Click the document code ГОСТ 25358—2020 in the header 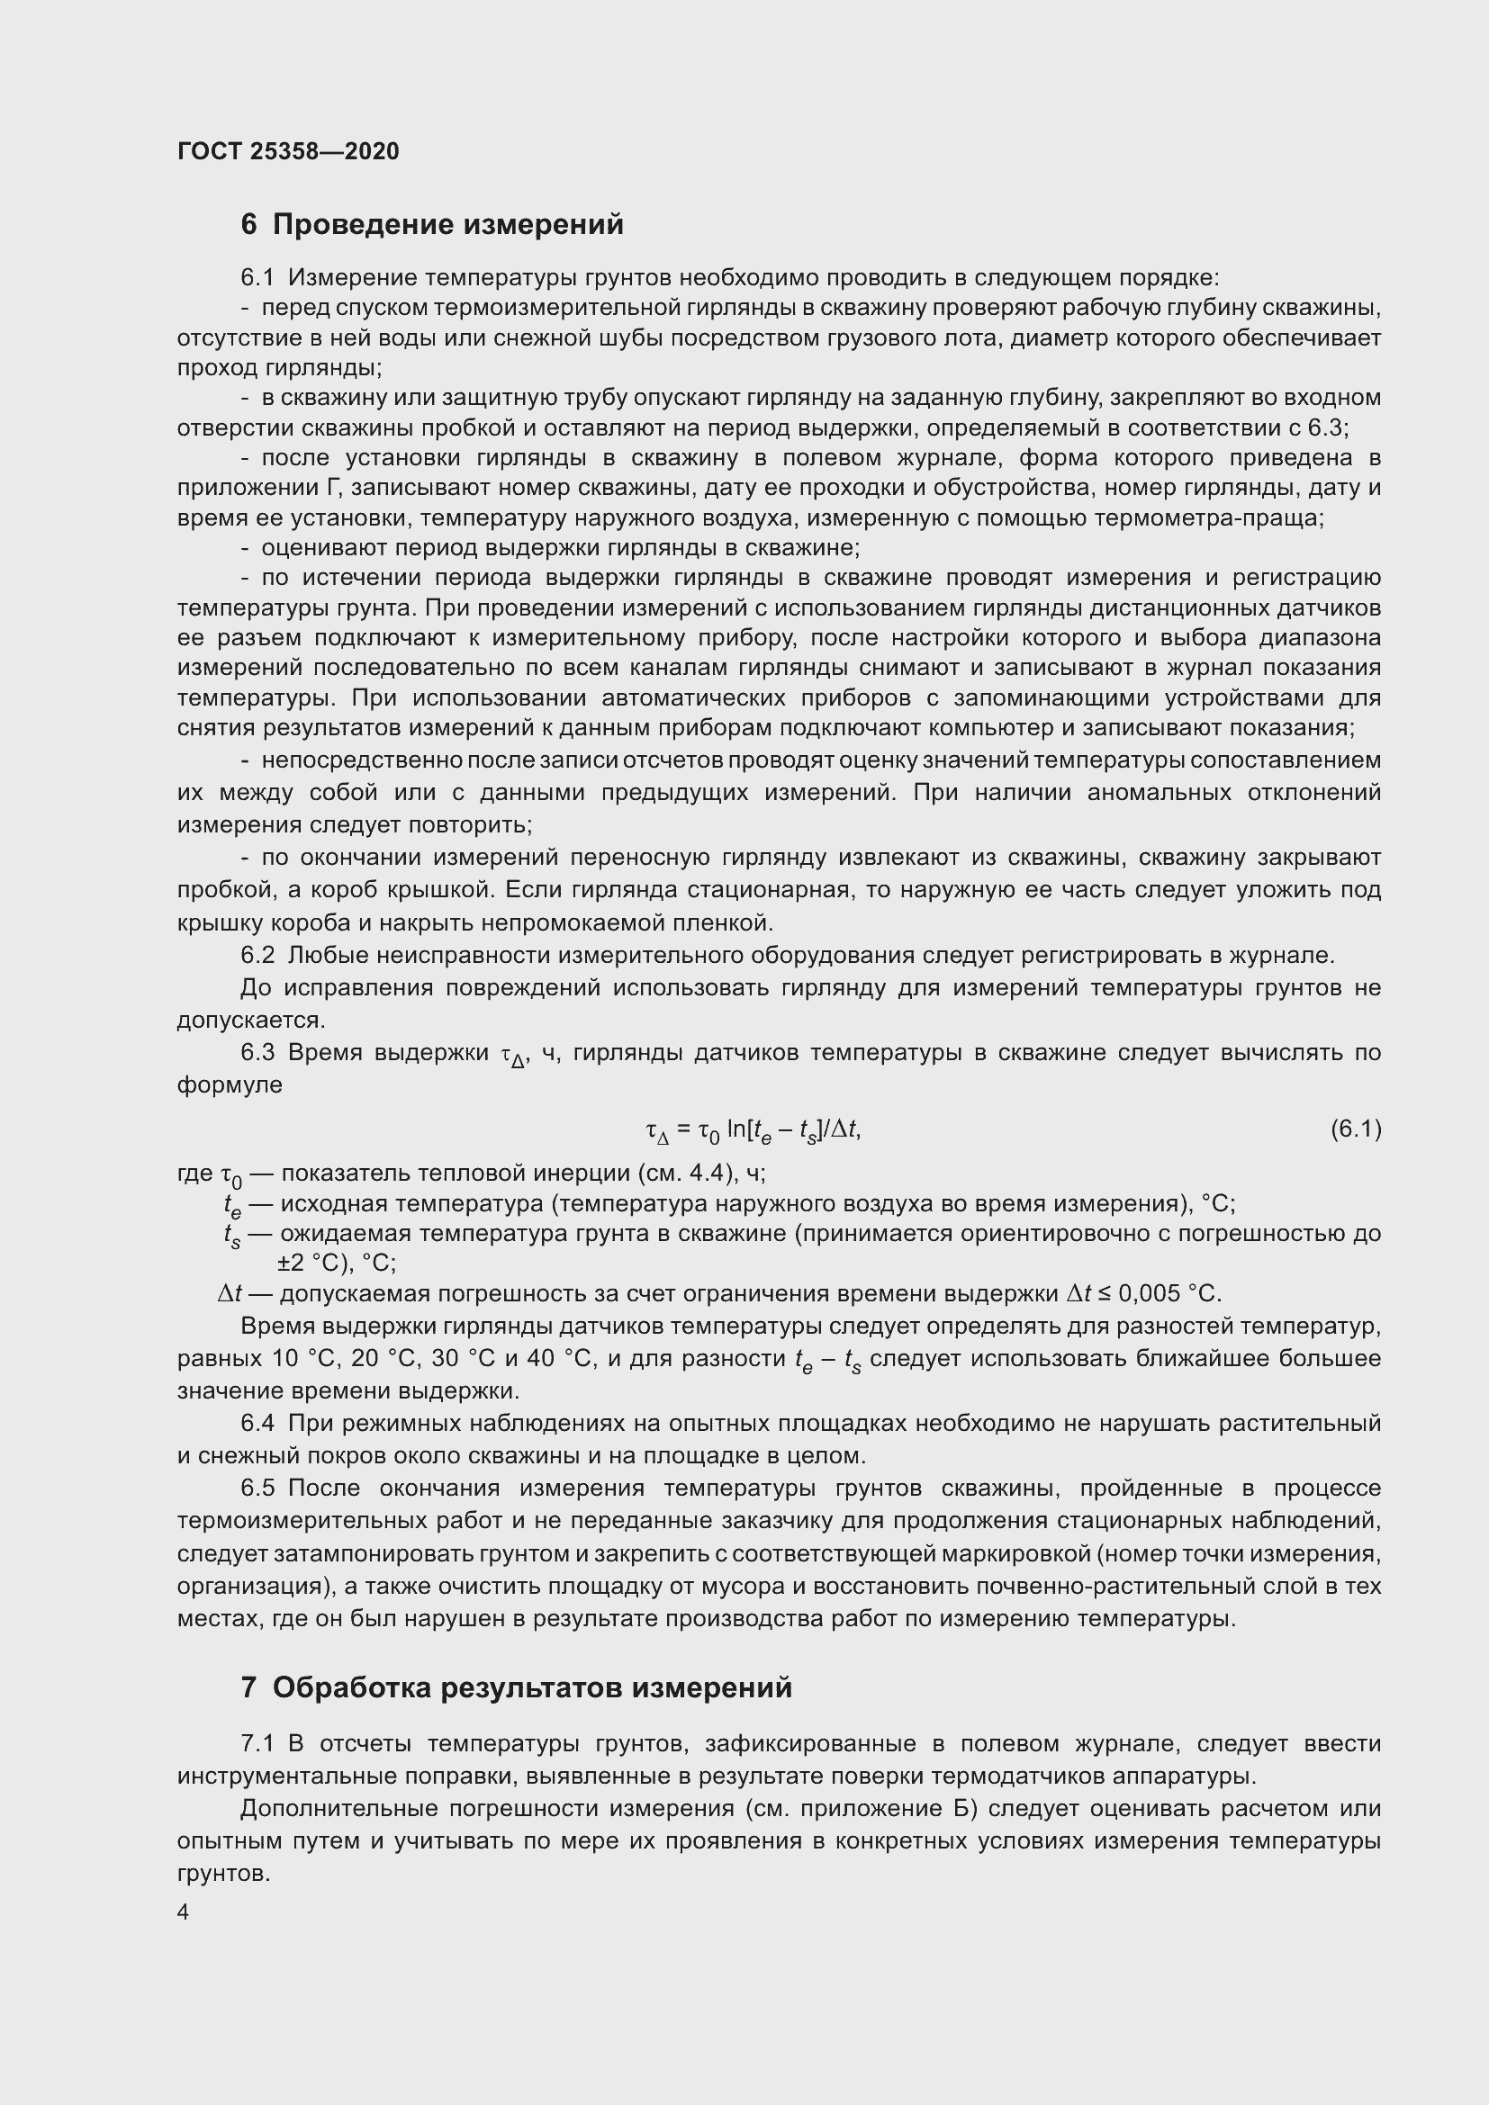pyautogui.click(x=288, y=151)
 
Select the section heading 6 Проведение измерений pyautogui.click(x=432, y=225)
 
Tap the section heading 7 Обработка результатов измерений pyautogui.click(x=516, y=1687)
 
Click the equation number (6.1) pyautogui.click(x=1355, y=1129)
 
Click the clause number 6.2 pyautogui.click(x=257, y=956)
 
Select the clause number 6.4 pyautogui.click(x=257, y=1423)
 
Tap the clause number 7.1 pyautogui.click(x=257, y=1744)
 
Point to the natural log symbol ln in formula pyautogui.click(x=736, y=1129)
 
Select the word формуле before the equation pyautogui.click(x=230, y=1085)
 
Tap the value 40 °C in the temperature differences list pyautogui.click(x=553, y=1359)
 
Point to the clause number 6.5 pyautogui.click(x=257, y=1488)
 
